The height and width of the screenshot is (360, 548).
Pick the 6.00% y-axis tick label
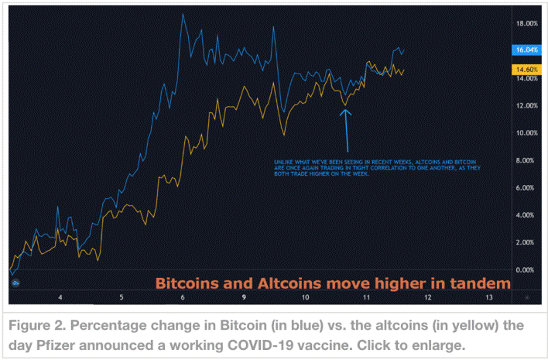(528, 187)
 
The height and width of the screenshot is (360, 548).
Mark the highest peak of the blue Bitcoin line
(183, 14)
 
